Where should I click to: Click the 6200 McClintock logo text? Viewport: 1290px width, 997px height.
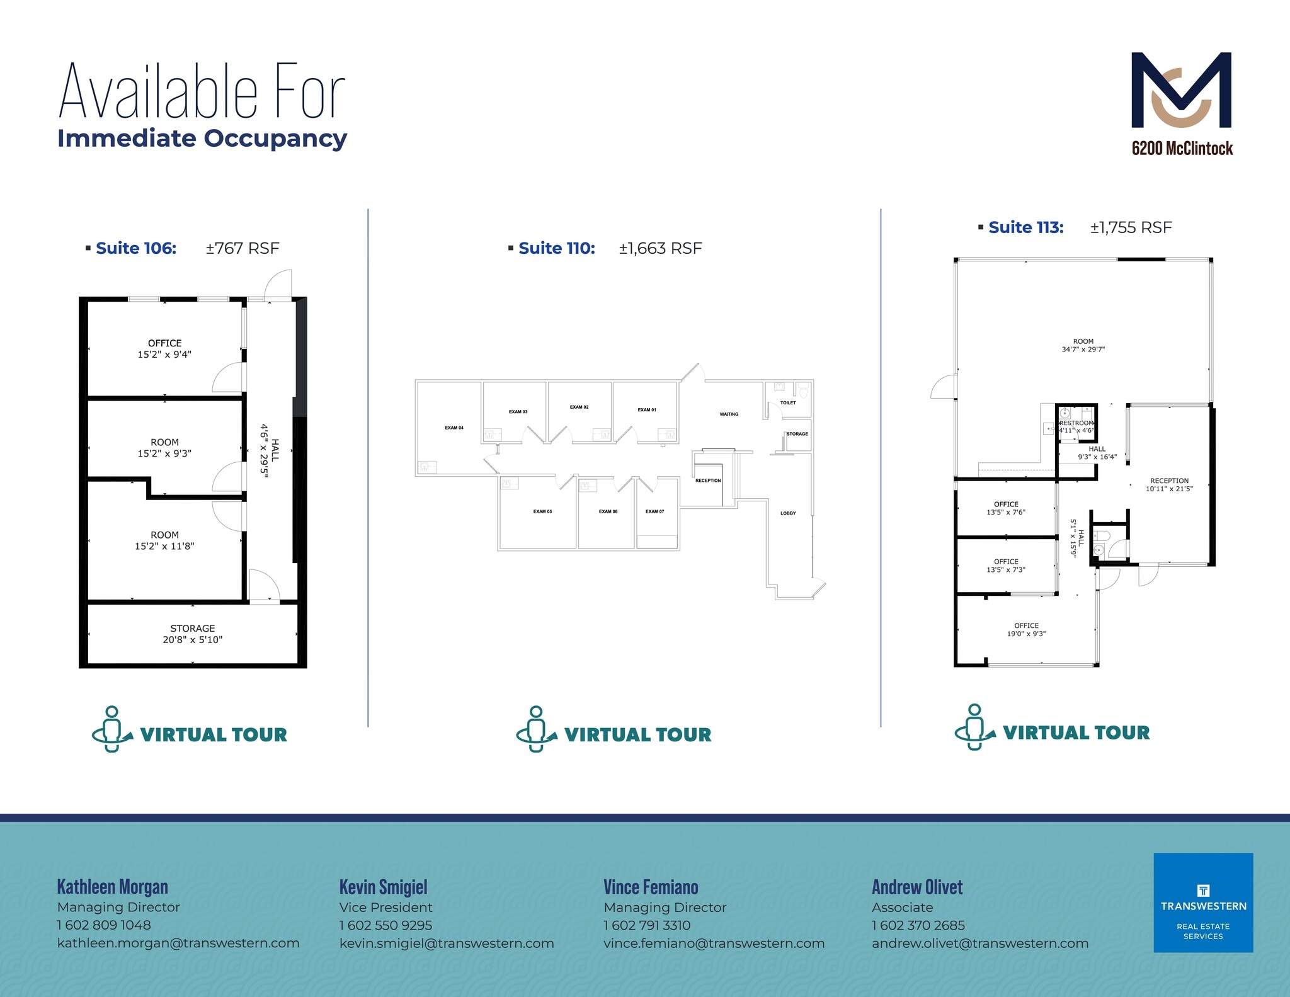pos(1182,149)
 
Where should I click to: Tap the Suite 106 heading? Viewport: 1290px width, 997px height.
pos(136,248)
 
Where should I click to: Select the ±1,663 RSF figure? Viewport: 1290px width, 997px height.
pos(660,248)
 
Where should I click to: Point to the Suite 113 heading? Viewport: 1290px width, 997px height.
pos(1025,227)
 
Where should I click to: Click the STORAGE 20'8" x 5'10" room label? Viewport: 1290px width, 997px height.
pos(193,634)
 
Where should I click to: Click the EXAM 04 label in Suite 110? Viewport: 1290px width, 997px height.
pos(454,428)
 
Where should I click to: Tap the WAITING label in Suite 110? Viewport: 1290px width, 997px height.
pos(729,414)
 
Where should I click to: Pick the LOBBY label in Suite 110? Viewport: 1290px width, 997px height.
pos(788,513)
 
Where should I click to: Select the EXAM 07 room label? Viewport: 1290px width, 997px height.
pos(654,511)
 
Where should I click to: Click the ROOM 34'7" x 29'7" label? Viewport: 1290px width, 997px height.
pos(1083,345)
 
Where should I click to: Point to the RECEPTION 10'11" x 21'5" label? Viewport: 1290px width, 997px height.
pos(1169,484)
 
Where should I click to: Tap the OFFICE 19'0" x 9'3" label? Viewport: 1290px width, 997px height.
pos(1026,630)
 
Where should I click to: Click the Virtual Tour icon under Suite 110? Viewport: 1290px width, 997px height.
pos(535,729)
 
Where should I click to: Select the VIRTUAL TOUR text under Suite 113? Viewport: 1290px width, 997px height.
pos(1076,732)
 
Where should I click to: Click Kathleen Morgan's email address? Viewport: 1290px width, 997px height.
pos(178,943)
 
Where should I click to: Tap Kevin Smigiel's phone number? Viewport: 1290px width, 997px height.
pos(385,925)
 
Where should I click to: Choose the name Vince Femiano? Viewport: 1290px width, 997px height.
pos(651,887)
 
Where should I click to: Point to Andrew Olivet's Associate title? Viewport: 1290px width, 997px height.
pos(902,908)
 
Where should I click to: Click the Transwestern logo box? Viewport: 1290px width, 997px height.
pos(1203,903)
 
